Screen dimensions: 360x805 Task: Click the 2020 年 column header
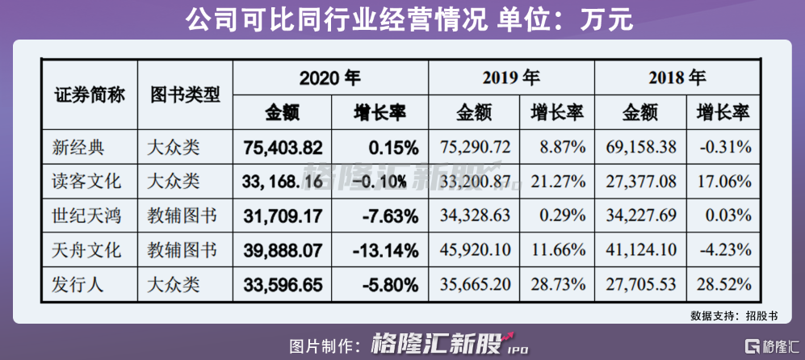coord(329,78)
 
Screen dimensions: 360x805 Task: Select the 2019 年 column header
coord(511,78)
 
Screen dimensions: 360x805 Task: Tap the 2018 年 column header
coord(677,78)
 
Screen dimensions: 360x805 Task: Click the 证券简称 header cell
coord(90,95)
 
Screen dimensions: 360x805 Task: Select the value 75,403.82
coord(283,148)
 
